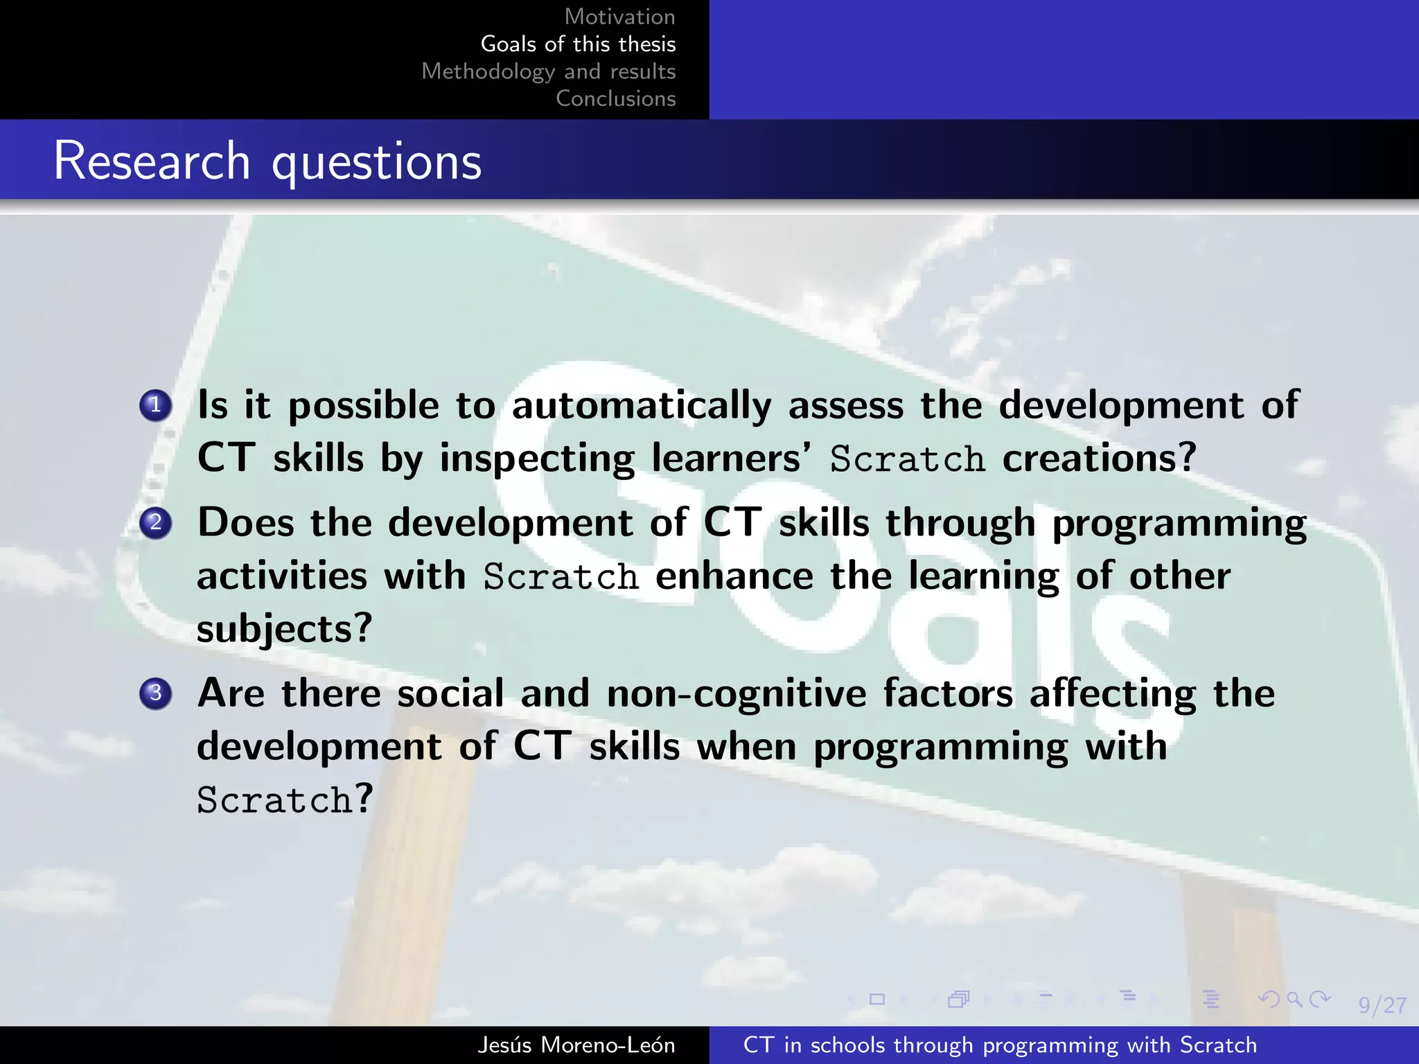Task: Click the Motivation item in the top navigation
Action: [x=619, y=17]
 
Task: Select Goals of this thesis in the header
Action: [x=578, y=44]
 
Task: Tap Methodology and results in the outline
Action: [x=548, y=71]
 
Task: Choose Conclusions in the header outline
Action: [x=615, y=98]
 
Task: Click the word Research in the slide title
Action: [x=152, y=161]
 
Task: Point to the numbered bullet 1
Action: [x=156, y=405]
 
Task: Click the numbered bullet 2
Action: [x=156, y=522]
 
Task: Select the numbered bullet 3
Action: [x=156, y=693]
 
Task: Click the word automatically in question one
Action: [x=641, y=405]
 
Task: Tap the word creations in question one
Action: [x=1098, y=459]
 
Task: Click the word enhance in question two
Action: [x=734, y=576]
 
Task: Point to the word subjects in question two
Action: [x=284, y=629]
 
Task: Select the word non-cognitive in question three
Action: [x=736, y=693]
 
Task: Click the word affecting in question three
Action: [x=1112, y=693]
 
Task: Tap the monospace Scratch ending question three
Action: [x=274, y=800]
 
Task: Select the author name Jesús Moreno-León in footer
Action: [x=576, y=1045]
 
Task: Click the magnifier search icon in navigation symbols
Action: [x=1294, y=999]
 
